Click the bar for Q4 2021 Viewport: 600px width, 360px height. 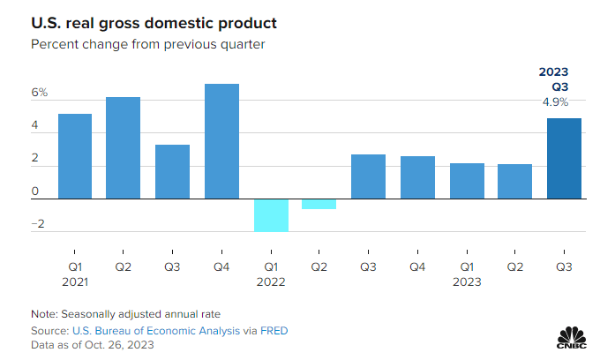click(x=221, y=141)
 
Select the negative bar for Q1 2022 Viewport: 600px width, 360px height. click(x=271, y=215)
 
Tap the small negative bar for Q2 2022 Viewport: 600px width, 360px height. click(x=319, y=204)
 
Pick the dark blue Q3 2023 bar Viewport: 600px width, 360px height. click(x=564, y=159)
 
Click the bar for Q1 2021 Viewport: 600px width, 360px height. click(x=75, y=156)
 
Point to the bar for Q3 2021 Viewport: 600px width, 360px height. click(x=173, y=172)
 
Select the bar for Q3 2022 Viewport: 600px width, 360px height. click(x=368, y=176)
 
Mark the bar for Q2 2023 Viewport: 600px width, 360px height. click(x=514, y=182)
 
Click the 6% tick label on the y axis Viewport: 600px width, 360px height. click(x=40, y=93)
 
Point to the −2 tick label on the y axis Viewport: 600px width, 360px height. click(x=37, y=224)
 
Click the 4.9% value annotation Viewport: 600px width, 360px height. click(x=555, y=102)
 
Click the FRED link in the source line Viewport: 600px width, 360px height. click(x=274, y=330)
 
